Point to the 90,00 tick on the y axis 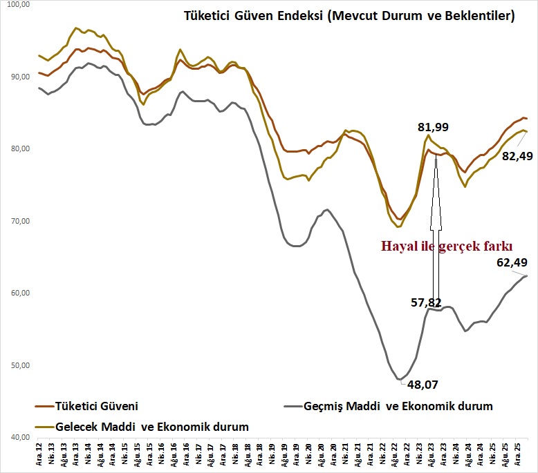pyautogui.click(x=17, y=77)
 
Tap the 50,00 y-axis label pyautogui.click(x=17, y=365)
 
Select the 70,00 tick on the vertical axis pyautogui.click(x=17, y=221)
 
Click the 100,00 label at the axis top pyautogui.click(x=16, y=5)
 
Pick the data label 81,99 pyautogui.click(x=434, y=127)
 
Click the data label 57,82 pyautogui.click(x=404, y=302)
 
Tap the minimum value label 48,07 pyautogui.click(x=422, y=384)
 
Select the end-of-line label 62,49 pyautogui.click(x=512, y=262)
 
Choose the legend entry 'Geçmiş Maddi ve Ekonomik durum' pyautogui.click(x=398, y=406)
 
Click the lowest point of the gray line pyautogui.click(x=399, y=379)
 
